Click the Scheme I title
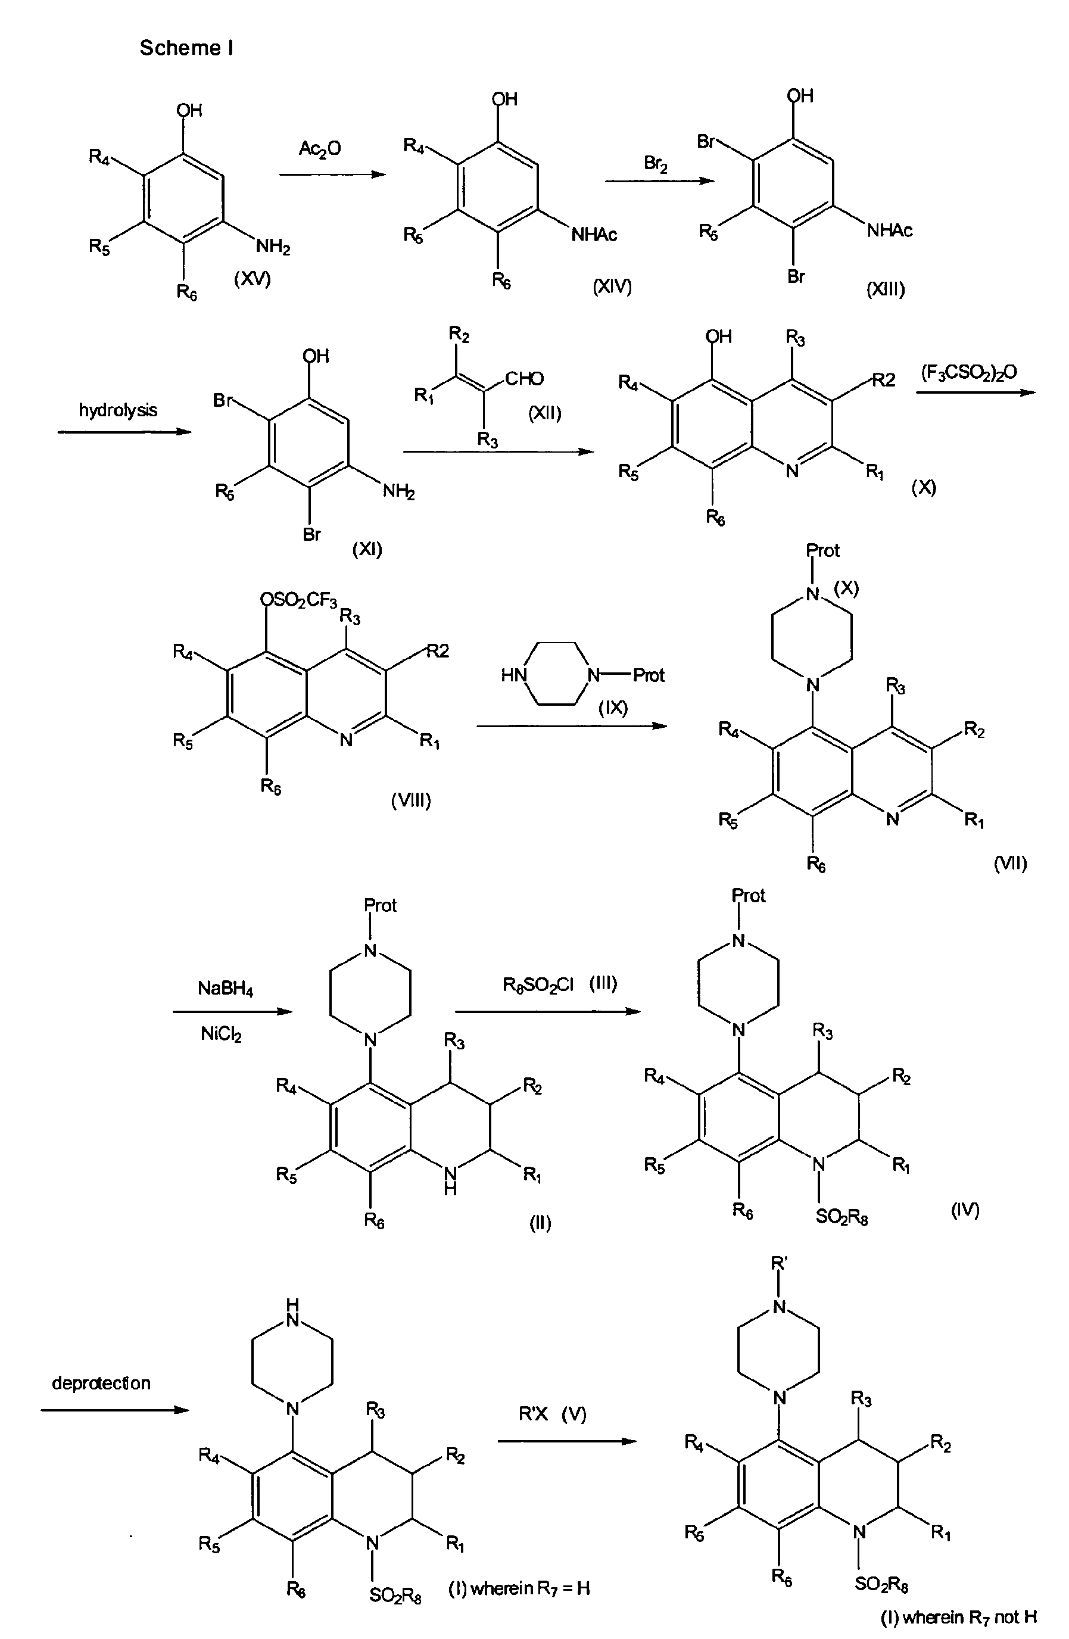(186, 48)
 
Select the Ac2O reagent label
(320, 149)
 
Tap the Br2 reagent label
(656, 164)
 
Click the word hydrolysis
(118, 410)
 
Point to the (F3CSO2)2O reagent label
(969, 373)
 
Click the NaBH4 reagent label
(225, 989)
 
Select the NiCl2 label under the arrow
(221, 1034)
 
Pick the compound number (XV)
(252, 279)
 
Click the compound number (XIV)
(612, 286)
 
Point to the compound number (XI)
(367, 549)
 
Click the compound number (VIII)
(411, 800)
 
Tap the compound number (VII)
(1011, 864)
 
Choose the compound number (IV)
(965, 1210)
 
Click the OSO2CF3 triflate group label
(300, 601)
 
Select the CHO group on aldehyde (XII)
(524, 379)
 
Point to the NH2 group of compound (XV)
(273, 247)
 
